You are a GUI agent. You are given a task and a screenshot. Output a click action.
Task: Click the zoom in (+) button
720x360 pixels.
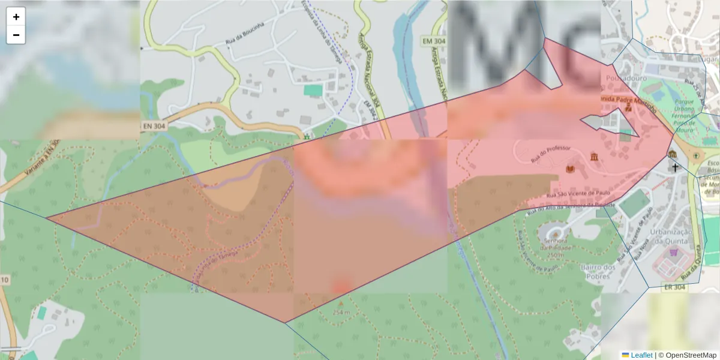pyautogui.click(x=16, y=17)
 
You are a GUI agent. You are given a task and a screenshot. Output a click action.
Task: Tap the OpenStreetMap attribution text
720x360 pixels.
pyautogui.click(x=691, y=355)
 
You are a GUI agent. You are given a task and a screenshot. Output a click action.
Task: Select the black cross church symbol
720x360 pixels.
pyautogui.click(x=674, y=167)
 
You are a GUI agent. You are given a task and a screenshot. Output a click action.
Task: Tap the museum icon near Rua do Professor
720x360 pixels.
pyautogui.click(x=593, y=157)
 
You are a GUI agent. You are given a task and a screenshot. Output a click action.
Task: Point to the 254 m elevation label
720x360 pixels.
pyautogui.click(x=340, y=312)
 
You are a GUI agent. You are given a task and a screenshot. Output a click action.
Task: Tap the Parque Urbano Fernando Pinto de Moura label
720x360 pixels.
pyautogui.click(x=685, y=114)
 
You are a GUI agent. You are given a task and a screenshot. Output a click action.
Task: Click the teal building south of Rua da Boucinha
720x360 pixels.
pyautogui.click(x=313, y=90)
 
